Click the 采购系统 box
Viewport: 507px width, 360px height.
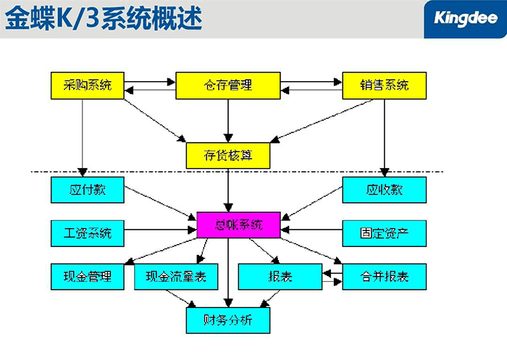click(x=87, y=85)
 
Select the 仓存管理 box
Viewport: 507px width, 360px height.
click(x=227, y=85)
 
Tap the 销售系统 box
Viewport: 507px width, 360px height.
click(x=383, y=85)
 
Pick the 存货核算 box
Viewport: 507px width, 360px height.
click(x=227, y=155)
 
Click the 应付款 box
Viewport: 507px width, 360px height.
click(x=87, y=190)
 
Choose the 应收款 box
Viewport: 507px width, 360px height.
click(x=383, y=190)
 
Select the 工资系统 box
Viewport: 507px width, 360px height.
click(x=87, y=233)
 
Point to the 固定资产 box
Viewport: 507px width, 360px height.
click(x=383, y=233)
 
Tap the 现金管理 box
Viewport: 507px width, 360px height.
click(x=87, y=277)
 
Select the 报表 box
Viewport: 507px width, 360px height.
click(x=280, y=277)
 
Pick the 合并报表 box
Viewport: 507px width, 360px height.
click(x=383, y=277)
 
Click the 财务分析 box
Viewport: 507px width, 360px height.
click(x=227, y=319)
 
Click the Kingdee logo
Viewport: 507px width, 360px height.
click(x=463, y=17)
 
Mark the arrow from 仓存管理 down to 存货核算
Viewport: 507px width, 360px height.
click(x=228, y=120)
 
